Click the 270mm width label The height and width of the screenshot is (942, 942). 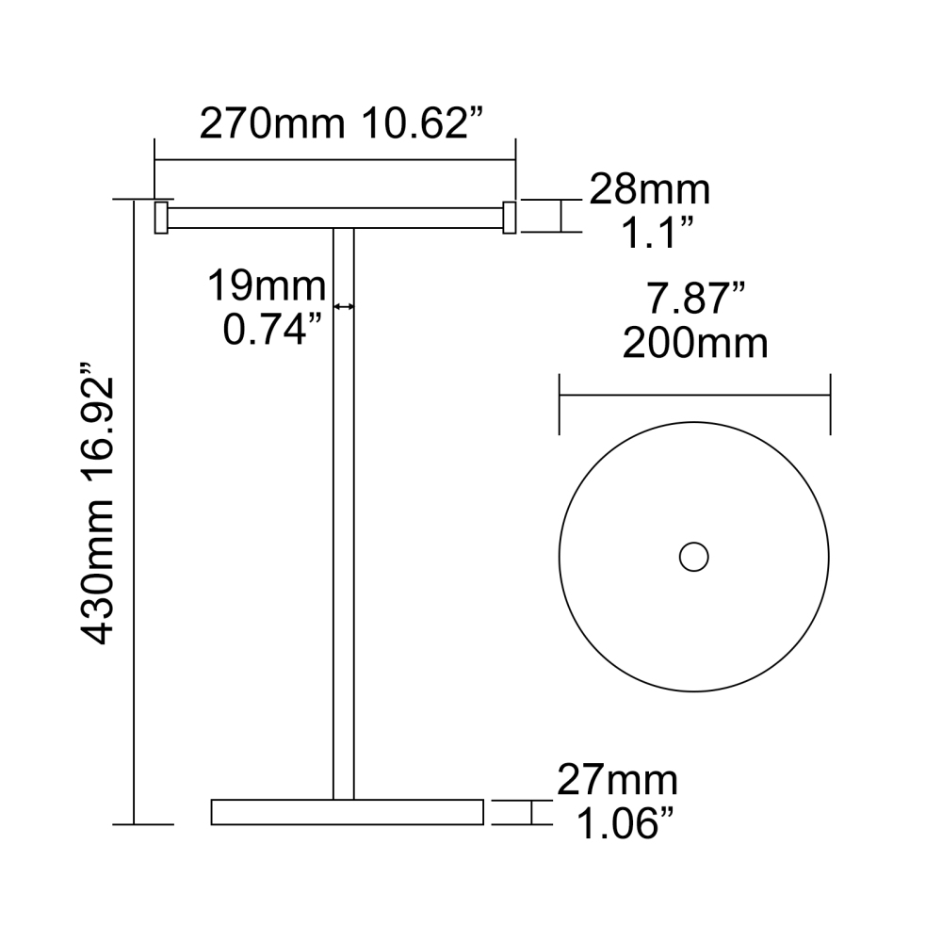tap(271, 123)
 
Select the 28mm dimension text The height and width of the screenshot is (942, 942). tap(650, 191)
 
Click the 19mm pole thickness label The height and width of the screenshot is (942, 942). tap(267, 285)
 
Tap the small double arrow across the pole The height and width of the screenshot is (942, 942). tap(344, 306)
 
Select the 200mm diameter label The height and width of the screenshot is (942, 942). tap(695, 344)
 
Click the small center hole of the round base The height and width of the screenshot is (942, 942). tap(694, 557)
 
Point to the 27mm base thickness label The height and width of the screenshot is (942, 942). tap(617, 781)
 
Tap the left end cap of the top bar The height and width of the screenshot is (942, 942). tap(161, 217)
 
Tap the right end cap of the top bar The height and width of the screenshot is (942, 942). tap(510, 217)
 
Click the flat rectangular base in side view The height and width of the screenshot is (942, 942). tap(347, 812)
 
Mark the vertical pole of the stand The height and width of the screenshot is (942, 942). tap(344, 518)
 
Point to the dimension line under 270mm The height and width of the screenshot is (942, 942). tap(335, 160)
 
